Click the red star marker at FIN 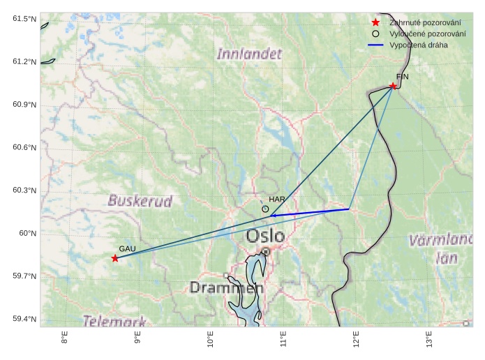click(x=393, y=87)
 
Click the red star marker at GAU click(x=115, y=258)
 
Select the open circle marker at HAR click(x=265, y=209)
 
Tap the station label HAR click(x=277, y=200)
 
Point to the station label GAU click(x=127, y=249)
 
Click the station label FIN click(x=402, y=77)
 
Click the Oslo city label click(x=265, y=237)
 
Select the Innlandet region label click(x=249, y=54)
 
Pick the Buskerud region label click(x=140, y=201)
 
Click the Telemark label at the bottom click(x=115, y=321)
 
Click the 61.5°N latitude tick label click(x=24, y=19)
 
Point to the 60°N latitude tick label click(x=27, y=233)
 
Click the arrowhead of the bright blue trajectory click(x=273, y=216)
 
